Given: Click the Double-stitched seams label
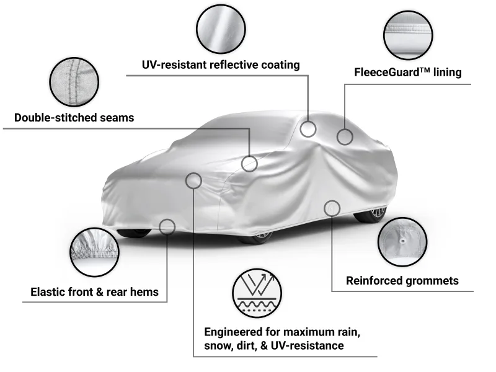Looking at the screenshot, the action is pos(74,118).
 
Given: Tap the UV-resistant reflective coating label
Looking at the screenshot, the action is pos(220,64).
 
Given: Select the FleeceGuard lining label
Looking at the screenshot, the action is pos(407,73).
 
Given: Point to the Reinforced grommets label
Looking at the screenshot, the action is pos(402,280).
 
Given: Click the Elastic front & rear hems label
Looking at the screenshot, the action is pos(94,291).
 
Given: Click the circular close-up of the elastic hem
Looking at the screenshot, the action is pos(95,252).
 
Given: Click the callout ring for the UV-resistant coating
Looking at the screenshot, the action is pos(308,129).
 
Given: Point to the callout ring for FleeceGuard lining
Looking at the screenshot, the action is pos(345,136).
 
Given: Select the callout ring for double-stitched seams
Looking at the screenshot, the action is pos(249,164).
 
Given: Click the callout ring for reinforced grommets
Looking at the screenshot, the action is pos(332,208).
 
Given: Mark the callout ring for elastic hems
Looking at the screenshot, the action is pos(167,227).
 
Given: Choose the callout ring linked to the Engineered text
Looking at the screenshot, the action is pos(193,181).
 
